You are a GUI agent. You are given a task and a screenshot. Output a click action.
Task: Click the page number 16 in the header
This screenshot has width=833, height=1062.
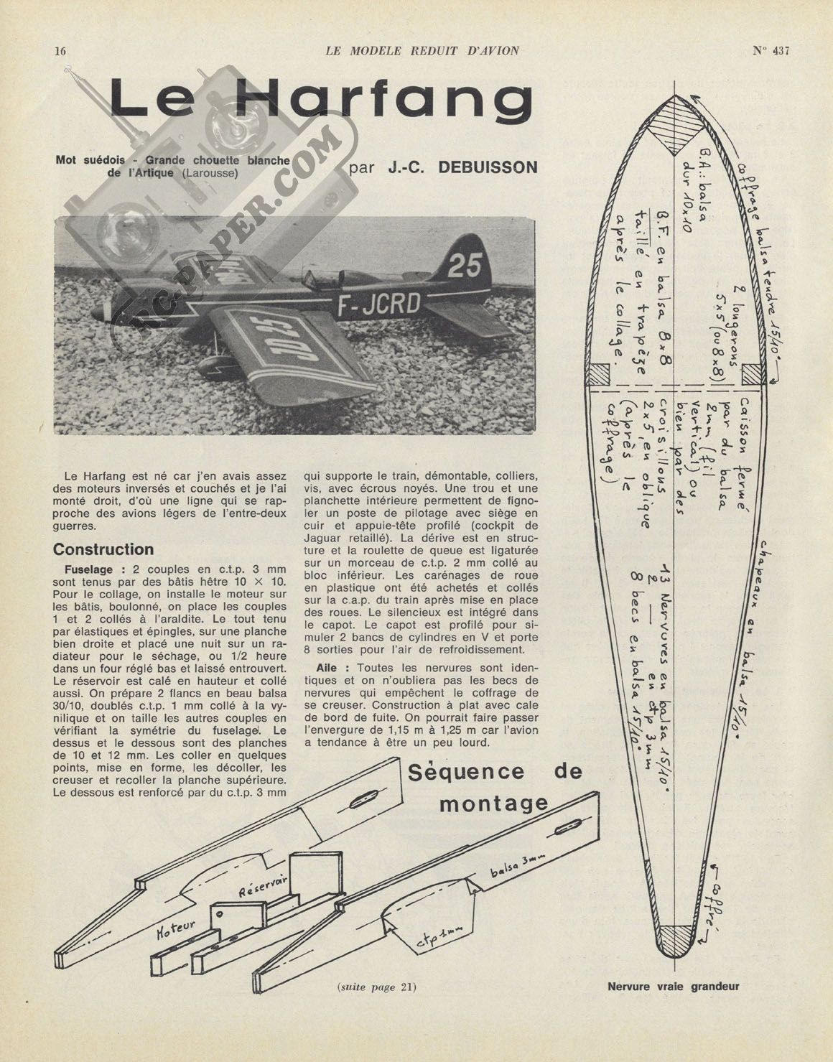60,51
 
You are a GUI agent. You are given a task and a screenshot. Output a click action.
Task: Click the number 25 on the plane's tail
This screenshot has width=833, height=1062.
465,266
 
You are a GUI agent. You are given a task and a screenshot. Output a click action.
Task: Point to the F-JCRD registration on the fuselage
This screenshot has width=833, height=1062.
379,304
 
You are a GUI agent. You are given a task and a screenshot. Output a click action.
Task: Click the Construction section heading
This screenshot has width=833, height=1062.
103,549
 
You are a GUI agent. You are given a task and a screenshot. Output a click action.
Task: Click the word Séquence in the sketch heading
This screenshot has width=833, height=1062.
466,773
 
